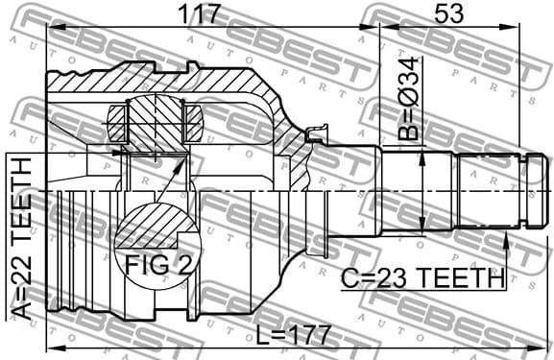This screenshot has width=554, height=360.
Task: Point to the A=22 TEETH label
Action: (x=20, y=234)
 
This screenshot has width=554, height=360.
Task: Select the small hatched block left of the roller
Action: (x=116, y=125)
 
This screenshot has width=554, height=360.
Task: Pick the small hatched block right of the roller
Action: (x=191, y=125)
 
